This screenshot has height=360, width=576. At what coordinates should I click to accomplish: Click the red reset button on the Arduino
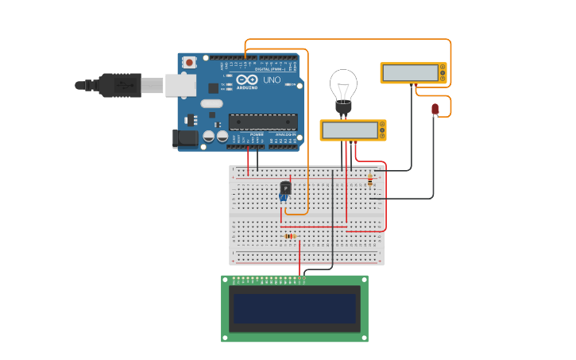[x=189, y=62]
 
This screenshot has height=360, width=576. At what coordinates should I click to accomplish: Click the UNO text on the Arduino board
[x=272, y=80]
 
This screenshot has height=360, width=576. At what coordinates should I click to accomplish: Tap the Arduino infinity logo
[x=247, y=80]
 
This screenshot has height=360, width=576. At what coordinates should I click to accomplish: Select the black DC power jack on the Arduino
[x=184, y=139]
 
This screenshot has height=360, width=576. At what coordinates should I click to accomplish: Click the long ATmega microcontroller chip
[x=263, y=122]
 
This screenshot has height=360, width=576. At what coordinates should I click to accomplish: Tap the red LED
[x=435, y=108]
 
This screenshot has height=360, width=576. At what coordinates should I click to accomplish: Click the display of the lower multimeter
[x=349, y=130]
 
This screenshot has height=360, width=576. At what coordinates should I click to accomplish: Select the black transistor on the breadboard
[x=285, y=188]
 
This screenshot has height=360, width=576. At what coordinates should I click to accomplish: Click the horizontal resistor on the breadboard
[x=290, y=236]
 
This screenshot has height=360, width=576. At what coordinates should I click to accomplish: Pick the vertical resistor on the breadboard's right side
[x=369, y=180]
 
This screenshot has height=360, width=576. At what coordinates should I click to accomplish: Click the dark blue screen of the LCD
[x=294, y=308]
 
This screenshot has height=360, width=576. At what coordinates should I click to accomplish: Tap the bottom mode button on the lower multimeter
[x=383, y=136]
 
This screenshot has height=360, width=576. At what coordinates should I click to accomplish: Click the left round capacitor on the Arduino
[x=209, y=137]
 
